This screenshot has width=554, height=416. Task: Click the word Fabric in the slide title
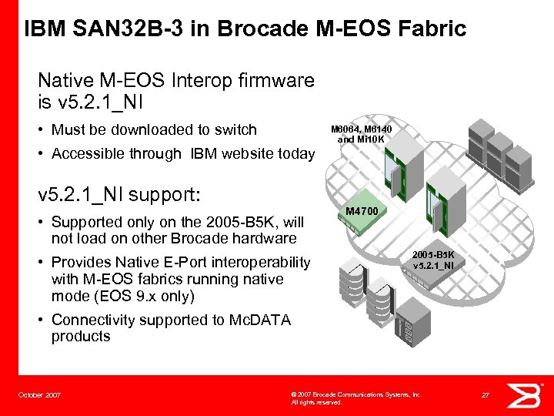[x=426, y=29]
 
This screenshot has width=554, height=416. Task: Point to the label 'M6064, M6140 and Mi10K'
[x=361, y=135]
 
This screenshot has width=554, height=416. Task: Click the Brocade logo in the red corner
[x=529, y=394]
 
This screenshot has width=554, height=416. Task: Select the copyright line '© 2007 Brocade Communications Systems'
[x=355, y=394]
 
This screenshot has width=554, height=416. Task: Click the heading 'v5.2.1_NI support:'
[x=128, y=190]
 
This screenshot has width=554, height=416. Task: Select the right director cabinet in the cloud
[x=445, y=208]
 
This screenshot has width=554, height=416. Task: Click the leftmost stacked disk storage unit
[x=349, y=277]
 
